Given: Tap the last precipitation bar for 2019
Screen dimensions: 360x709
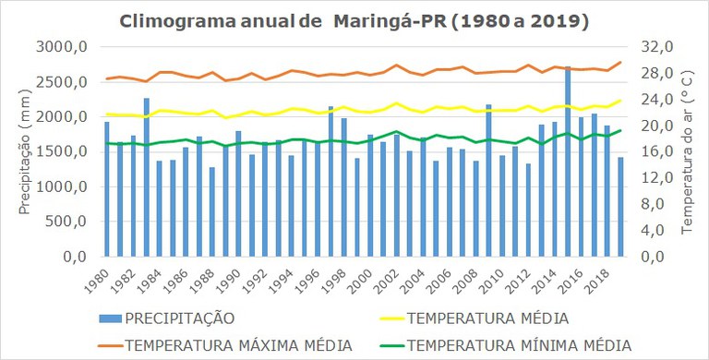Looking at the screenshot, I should coord(620,207).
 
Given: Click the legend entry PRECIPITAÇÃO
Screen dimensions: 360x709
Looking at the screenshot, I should coord(180,318).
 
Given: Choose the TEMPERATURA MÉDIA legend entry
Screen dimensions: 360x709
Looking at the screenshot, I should coord(487,318).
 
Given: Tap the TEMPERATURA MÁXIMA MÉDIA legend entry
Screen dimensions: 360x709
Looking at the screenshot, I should coord(238,345).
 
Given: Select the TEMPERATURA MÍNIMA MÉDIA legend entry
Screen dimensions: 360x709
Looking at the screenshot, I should coord(520,345).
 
